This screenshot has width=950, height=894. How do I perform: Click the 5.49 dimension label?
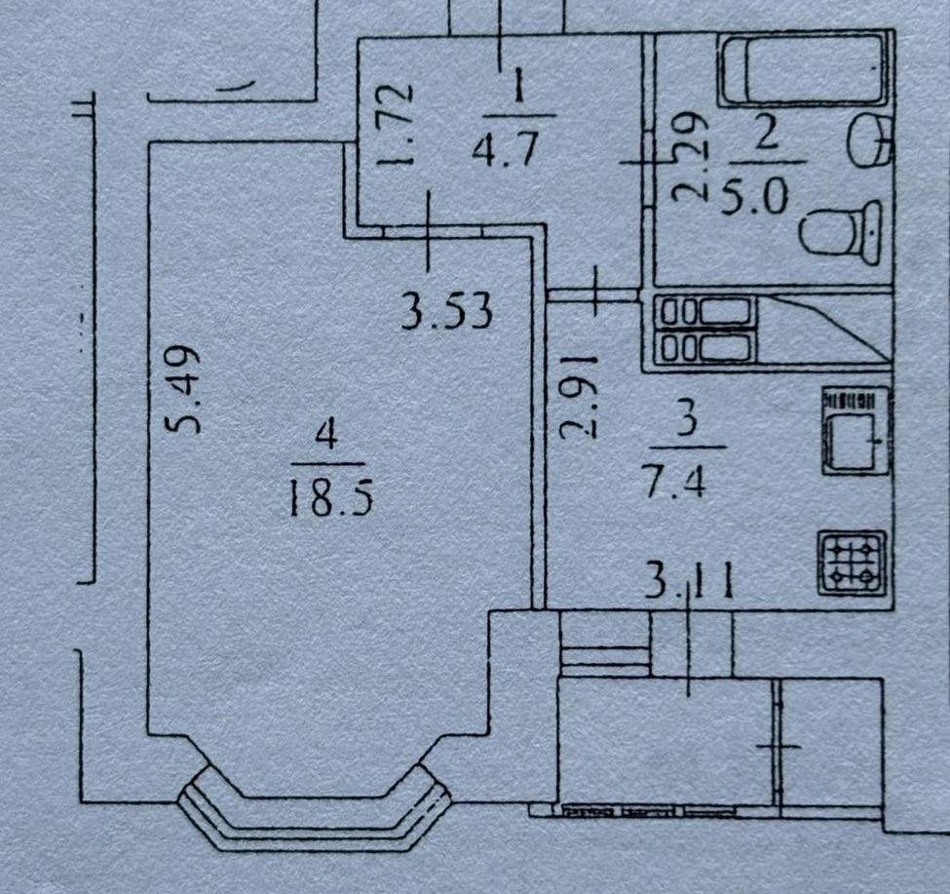pyautogui.click(x=183, y=389)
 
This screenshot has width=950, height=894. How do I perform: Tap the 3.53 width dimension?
pyautogui.click(x=446, y=313)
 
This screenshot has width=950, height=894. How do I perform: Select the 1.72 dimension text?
pyautogui.click(x=396, y=125)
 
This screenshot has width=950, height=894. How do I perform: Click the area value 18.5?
pyautogui.click(x=329, y=497)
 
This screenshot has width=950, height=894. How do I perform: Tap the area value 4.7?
pyautogui.click(x=506, y=148)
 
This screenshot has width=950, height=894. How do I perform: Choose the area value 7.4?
pyautogui.click(x=676, y=482)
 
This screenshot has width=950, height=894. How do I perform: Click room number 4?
pyautogui.click(x=326, y=436)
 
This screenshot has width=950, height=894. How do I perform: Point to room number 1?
pyautogui.click(x=518, y=88)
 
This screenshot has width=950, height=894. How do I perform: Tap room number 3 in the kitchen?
pyautogui.click(x=688, y=420)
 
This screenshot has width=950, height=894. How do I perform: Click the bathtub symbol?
pyautogui.click(x=804, y=69)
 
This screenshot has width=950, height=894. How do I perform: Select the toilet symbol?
pyautogui.click(x=842, y=232)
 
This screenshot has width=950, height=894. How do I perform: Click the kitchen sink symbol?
pyautogui.click(x=855, y=431)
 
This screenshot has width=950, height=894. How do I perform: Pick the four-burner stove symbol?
pyautogui.click(x=853, y=564)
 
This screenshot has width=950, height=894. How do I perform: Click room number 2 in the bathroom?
pyautogui.click(x=766, y=134)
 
